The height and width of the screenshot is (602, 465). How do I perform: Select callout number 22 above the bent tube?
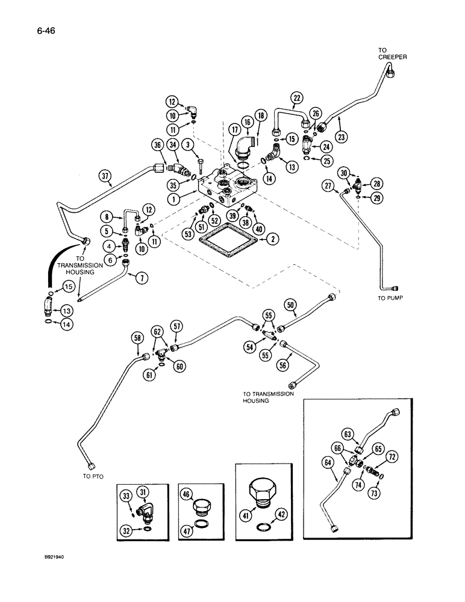tap(297, 98)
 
